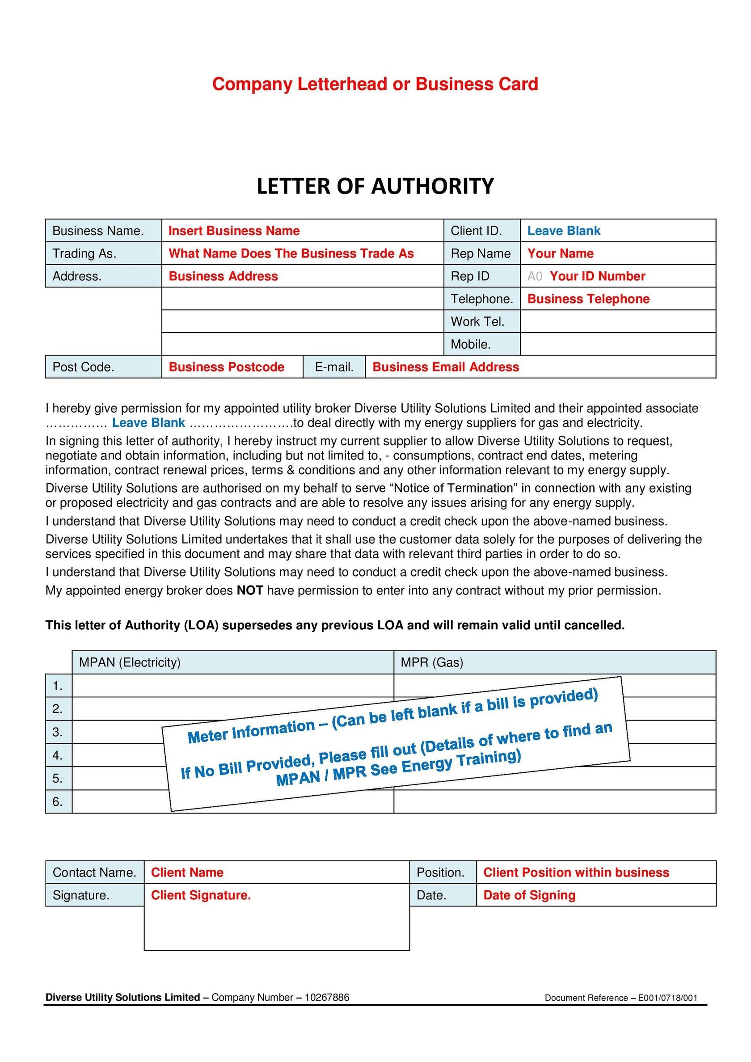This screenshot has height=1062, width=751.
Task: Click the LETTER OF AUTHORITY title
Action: tap(375, 186)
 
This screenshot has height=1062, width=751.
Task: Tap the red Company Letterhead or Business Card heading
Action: tap(375, 84)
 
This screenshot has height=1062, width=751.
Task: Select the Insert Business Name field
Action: tap(234, 231)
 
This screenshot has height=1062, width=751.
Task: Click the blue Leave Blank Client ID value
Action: tap(564, 231)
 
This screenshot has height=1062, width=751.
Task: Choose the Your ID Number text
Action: tap(597, 276)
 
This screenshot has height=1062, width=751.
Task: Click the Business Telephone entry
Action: tap(588, 299)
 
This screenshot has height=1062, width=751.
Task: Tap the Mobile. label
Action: tap(471, 344)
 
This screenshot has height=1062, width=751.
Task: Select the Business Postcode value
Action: tap(226, 367)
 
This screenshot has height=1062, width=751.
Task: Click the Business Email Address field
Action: tap(446, 367)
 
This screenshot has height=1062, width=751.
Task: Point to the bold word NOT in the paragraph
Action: tap(250, 590)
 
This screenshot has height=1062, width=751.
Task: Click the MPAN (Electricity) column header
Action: tap(130, 662)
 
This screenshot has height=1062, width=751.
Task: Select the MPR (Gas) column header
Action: tap(432, 662)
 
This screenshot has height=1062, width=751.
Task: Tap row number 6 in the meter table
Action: tap(57, 801)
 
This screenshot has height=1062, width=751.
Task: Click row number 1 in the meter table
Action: tap(57, 686)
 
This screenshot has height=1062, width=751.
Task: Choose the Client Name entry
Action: tap(187, 872)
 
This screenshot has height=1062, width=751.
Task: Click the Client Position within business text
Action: tap(576, 872)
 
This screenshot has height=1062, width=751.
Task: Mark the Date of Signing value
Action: tap(529, 895)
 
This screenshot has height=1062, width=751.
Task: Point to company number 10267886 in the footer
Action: tap(327, 997)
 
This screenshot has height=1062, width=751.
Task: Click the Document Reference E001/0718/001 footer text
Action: tap(621, 998)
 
